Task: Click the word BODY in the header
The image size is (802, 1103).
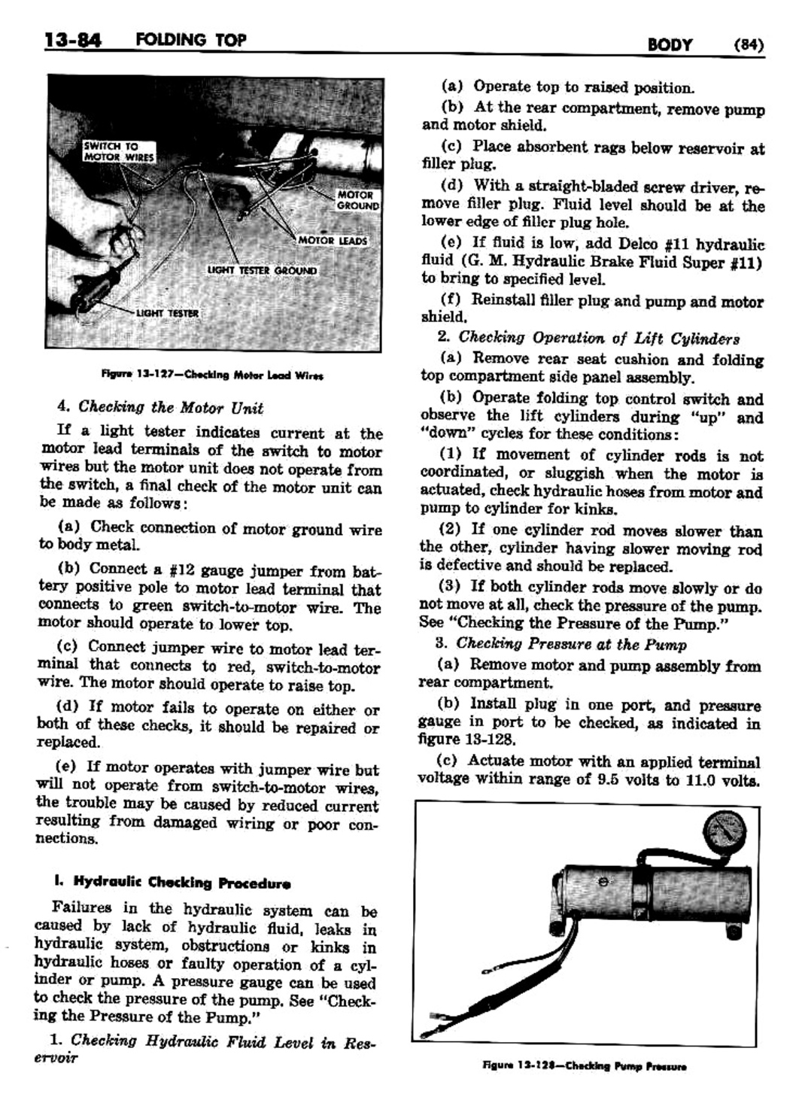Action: [x=669, y=44]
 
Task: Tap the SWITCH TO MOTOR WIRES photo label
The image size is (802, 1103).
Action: [x=118, y=152]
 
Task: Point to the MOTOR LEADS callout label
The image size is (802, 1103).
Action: [x=333, y=241]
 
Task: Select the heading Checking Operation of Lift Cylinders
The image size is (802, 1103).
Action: [x=599, y=338]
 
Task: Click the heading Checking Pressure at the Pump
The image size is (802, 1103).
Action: [x=571, y=644]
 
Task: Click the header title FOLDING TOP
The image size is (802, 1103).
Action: [x=191, y=39]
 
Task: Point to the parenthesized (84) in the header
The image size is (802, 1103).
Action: [x=749, y=44]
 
